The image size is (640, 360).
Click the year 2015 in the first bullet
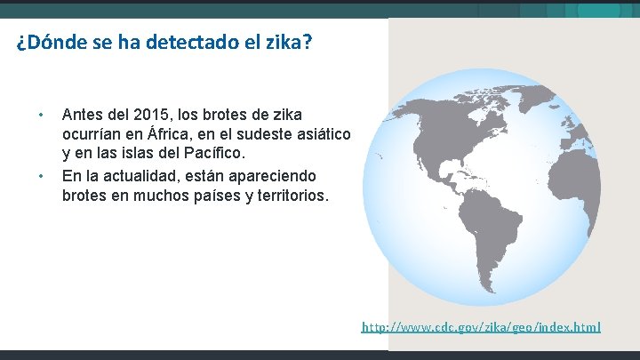pos(150,116)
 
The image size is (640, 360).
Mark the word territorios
pos(291,194)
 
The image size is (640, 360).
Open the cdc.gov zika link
pos(481,327)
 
